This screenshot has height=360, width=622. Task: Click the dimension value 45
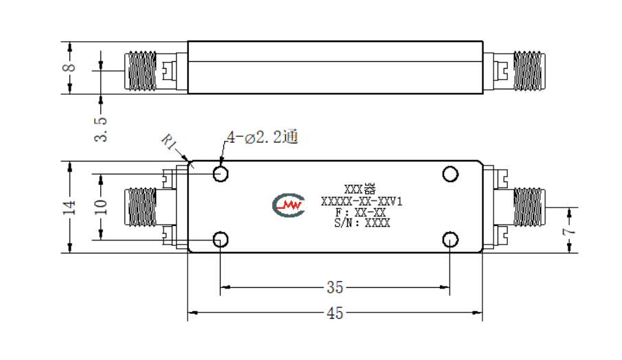tap(335, 313)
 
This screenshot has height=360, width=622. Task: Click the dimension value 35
tap(335, 287)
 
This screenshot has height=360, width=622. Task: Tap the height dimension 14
tap(69, 207)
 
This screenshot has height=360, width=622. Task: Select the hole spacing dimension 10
tap(101, 207)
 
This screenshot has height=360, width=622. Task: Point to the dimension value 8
tap(69, 67)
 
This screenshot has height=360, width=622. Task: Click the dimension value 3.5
tap(101, 129)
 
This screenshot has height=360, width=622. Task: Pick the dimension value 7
tap(569, 231)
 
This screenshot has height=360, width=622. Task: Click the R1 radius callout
tap(168, 142)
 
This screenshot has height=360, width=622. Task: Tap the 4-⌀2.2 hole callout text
tap(263, 137)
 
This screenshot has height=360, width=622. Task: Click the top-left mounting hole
tap(221, 174)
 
